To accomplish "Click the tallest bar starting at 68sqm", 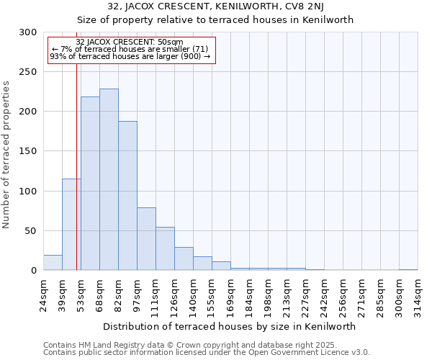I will pyautogui.click(x=109, y=180).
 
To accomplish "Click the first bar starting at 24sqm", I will pyautogui.click(x=53, y=263).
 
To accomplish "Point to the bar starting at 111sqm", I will pyautogui.click(x=165, y=249).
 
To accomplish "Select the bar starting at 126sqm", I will pyautogui.click(x=184, y=258).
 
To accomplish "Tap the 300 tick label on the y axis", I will pyautogui.click(x=27, y=32).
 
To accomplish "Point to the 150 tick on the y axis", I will pyautogui.click(x=27, y=151).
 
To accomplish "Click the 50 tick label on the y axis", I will pyautogui.click(x=30, y=231).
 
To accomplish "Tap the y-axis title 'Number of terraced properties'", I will pyautogui.click(x=6, y=155).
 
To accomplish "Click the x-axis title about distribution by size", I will pyautogui.click(x=230, y=326).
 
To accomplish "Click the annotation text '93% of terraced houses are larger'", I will pyautogui.click(x=130, y=56).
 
